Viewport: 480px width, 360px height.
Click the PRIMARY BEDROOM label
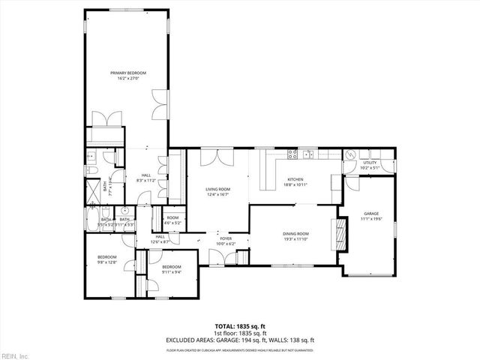click(x=127, y=73)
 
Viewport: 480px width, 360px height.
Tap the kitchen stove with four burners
click(x=307, y=155)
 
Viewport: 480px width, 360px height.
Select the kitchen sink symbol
click(x=291, y=156)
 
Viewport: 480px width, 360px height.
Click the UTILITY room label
click(x=370, y=162)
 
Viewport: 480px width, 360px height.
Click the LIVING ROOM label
click(x=217, y=190)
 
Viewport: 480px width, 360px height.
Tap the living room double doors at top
click(x=218, y=157)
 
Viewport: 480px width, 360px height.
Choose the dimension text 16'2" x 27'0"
click(x=127, y=77)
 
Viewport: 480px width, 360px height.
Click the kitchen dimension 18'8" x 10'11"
click(x=295, y=184)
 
